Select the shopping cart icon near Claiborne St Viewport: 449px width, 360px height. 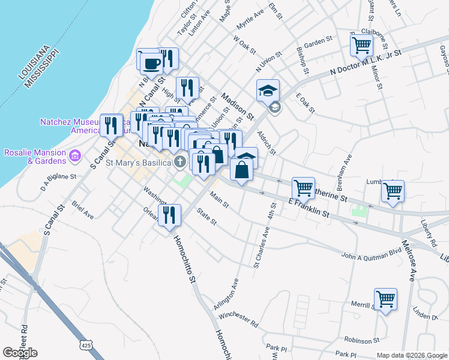361,44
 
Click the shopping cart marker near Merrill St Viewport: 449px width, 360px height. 385,299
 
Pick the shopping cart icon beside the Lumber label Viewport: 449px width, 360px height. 393,191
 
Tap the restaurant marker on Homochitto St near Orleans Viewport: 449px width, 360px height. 169,215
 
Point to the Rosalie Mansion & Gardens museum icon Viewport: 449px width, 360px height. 75,157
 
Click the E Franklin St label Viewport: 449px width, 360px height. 309,208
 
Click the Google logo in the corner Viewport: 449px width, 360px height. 20,353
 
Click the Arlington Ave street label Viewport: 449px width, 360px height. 227,295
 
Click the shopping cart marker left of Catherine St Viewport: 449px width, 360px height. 303,188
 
